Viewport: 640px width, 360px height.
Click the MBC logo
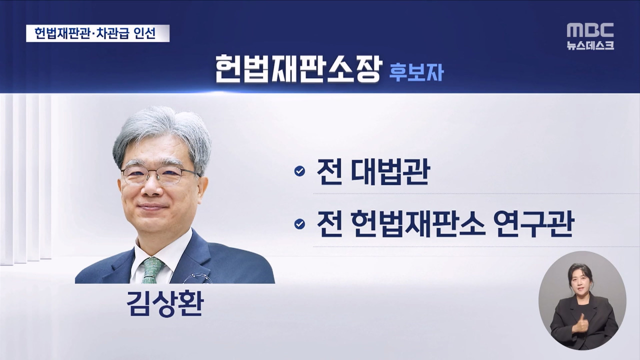click(x=590, y=30)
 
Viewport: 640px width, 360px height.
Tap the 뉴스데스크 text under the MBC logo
click(x=590, y=45)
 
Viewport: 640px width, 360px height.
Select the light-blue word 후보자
click(x=416, y=72)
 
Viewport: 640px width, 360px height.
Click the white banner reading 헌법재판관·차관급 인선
click(x=97, y=33)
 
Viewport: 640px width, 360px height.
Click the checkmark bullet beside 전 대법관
click(x=299, y=171)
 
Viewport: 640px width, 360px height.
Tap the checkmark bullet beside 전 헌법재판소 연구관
click(x=299, y=224)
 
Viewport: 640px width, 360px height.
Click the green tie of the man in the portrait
click(x=151, y=270)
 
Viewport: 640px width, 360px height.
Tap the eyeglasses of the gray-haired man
click(x=160, y=174)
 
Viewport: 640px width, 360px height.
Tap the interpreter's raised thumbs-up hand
click(x=581, y=322)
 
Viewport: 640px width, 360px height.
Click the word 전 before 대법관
click(x=329, y=171)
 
